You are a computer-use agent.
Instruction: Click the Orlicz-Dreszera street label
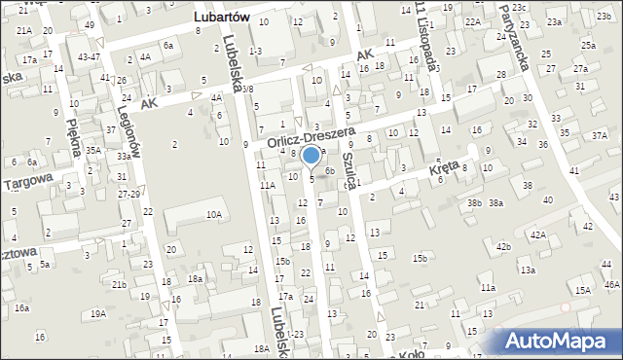[311, 138]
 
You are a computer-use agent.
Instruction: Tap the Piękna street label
[72, 132]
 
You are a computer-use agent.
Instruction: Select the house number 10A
[213, 214]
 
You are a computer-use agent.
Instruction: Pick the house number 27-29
[128, 195]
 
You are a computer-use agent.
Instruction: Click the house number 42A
[536, 235]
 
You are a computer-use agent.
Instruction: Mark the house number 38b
[474, 202]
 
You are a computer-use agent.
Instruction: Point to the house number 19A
[98, 313]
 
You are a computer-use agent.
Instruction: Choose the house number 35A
[93, 151]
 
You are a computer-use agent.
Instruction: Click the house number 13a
[528, 270]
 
